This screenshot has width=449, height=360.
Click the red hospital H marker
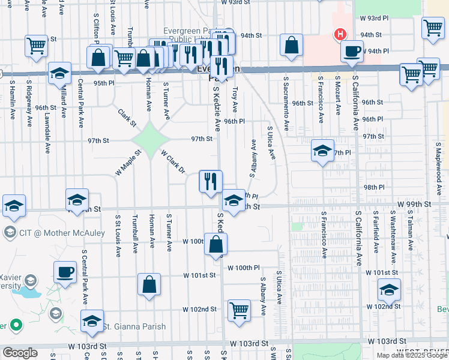[340, 34]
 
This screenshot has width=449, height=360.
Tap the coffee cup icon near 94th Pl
[352, 51]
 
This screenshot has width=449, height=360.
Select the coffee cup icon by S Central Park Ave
[64, 272]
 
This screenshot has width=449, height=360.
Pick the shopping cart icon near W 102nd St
[239, 311]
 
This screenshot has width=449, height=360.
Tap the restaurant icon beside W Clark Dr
[211, 181]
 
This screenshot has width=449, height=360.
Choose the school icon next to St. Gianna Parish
[92, 322]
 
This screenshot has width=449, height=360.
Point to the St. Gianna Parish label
[125, 326]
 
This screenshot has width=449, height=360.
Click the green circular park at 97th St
[151, 140]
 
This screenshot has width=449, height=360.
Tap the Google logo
[20, 353]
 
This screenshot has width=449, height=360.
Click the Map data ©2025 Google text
[412, 355]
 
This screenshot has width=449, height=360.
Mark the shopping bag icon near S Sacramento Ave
[291, 46]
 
